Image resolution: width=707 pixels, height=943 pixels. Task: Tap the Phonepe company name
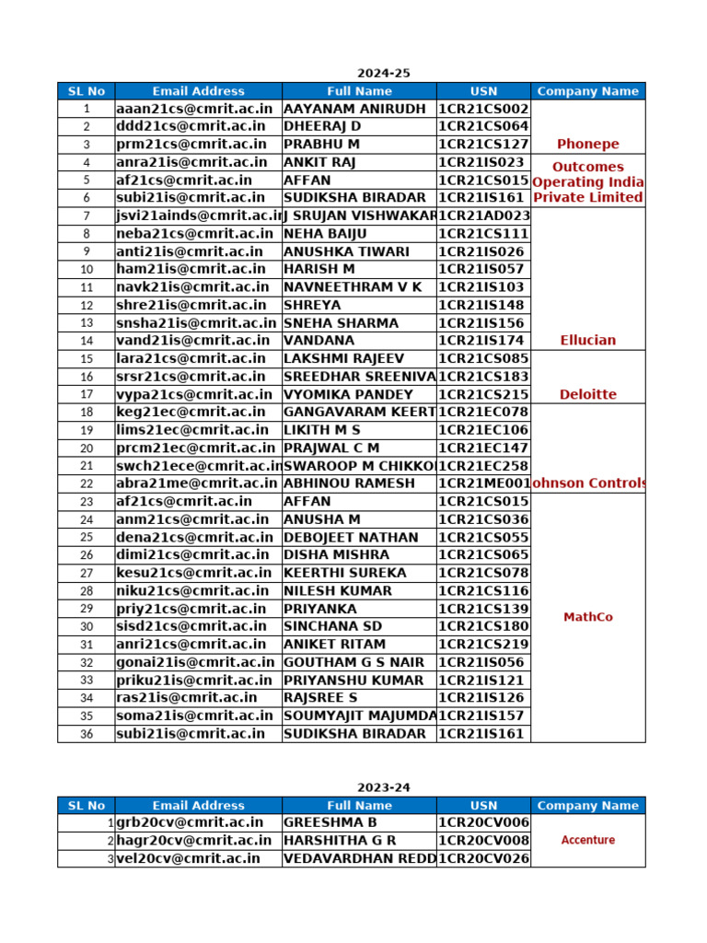587,144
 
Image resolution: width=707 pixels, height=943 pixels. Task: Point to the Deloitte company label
587,394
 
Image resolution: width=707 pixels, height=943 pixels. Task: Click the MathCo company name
587,617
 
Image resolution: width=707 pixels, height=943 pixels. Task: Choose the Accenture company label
587,840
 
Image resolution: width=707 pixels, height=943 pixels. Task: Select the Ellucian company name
587,340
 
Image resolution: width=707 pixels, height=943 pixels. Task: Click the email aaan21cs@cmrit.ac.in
195,109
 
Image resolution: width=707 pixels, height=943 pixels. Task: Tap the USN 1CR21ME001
483,483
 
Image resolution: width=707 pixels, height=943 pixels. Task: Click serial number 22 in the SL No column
87,483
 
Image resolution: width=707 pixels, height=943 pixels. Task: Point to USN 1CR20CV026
483,858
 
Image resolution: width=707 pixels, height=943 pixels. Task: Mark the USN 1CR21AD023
483,215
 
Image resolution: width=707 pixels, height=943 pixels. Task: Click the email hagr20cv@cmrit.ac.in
193,840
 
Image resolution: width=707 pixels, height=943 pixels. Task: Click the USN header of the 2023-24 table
483,805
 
